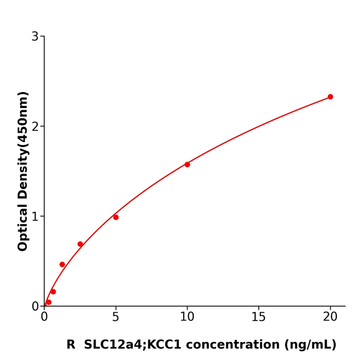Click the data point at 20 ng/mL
pyautogui.click(x=330, y=97)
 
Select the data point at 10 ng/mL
pyautogui.click(x=187, y=165)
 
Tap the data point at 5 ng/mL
pyautogui.click(x=116, y=217)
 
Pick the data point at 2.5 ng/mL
pyautogui.click(x=80, y=244)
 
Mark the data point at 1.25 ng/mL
pyautogui.click(x=62, y=264)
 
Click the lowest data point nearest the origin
pyautogui.click(x=49, y=302)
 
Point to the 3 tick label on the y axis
pyautogui.click(x=35, y=37)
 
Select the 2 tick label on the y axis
pyautogui.click(x=35, y=127)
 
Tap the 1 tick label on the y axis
pyautogui.click(x=35, y=217)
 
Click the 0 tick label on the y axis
pyautogui.click(x=35, y=307)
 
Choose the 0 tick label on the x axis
pyautogui.click(x=44, y=317)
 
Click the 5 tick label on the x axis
pyautogui.click(x=116, y=317)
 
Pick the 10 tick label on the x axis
pyautogui.click(x=187, y=317)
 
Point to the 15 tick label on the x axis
pyautogui.click(x=259, y=317)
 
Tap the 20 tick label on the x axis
pyautogui.click(x=330, y=317)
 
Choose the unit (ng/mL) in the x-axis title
pyautogui.click(x=309, y=345)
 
